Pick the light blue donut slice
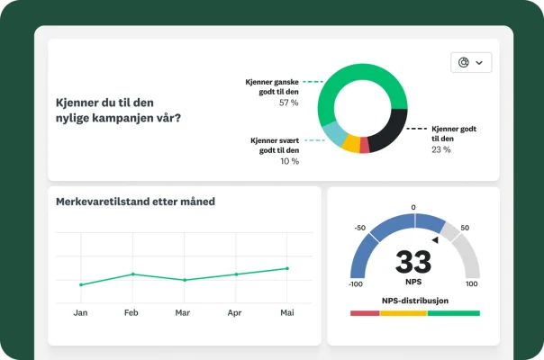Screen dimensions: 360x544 coord(333,134)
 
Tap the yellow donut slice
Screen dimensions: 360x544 coord(351,144)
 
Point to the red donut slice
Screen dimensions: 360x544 coord(365,147)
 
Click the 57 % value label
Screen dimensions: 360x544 coord(288,103)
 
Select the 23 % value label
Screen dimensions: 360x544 coord(441,149)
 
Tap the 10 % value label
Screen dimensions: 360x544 coord(289,161)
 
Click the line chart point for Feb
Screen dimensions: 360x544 coord(132,274)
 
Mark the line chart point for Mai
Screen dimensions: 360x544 coord(287,268)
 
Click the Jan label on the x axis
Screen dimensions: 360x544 coord(80,313)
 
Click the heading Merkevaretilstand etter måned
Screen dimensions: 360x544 coord(135,202)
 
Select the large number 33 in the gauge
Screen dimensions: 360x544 coord(413,262)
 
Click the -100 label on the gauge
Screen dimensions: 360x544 coord(355,283)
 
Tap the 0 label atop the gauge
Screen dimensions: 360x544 coord(413,207)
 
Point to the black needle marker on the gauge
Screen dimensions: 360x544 coord(435,239)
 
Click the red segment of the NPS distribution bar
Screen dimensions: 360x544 coord(365,313)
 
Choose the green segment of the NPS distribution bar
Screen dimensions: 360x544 coord(454,313)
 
